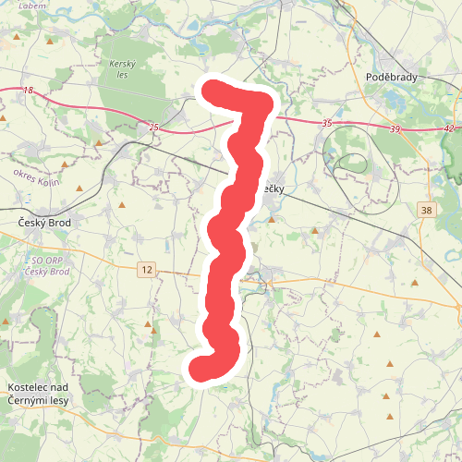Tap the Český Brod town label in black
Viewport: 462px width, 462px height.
point(45,223)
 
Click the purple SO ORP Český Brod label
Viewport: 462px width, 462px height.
point(46,267)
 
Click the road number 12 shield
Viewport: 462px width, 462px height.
point(146,269)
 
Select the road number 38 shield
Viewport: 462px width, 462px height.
point(424,211)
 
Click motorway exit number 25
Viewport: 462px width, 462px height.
point(153,126)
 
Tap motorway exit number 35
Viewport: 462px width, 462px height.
point(327,123)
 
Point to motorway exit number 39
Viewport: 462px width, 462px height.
point(395,128)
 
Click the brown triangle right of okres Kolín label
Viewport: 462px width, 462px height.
point(79,190)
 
